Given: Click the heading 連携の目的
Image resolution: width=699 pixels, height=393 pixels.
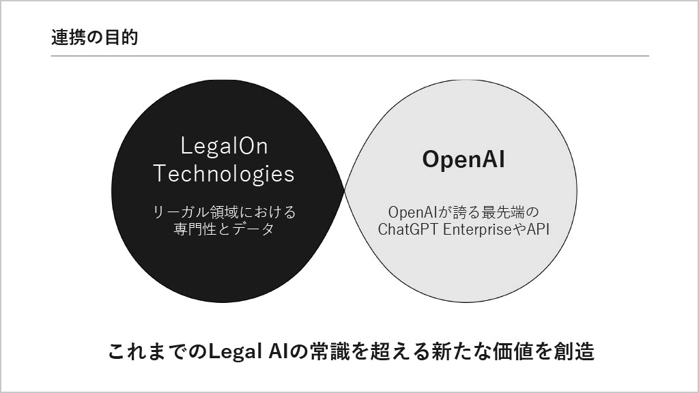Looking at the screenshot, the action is pos(94,38).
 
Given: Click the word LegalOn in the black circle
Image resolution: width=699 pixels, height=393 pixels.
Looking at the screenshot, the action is pos(224,146).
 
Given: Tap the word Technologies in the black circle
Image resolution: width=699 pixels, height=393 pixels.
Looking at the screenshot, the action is pos(224,173).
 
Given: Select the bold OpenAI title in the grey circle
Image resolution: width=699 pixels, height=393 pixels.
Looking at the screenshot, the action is pos(463,160).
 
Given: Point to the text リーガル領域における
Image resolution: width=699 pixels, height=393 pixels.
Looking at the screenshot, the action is pos(224,212).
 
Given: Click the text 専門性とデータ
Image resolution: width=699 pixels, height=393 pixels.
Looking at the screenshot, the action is pos(224,229).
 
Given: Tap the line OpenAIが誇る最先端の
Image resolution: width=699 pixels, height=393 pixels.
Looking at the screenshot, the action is pos(463,212).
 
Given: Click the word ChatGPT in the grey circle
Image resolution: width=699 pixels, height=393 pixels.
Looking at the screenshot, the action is pos(408,229).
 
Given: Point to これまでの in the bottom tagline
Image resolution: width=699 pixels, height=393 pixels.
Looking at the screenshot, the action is pos(158,351).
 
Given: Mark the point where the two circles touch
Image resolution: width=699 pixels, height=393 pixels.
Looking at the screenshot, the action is pos(345,192).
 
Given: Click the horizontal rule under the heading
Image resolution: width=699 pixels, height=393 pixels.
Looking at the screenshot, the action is pos(350,56).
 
